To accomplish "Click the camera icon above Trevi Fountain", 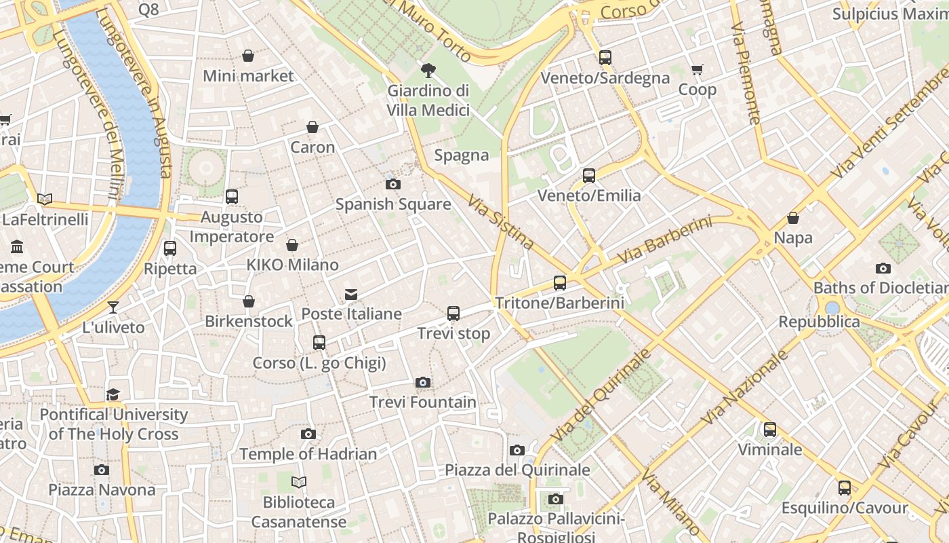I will (423, 383).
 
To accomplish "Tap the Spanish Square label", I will (393, 204).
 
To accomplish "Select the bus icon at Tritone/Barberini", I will (560, 283).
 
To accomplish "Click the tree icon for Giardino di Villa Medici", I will (428, 70).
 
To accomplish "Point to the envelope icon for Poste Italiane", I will (351, 294).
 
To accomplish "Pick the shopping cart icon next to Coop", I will (697, 69).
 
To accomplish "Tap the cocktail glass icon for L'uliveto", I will (113, 307).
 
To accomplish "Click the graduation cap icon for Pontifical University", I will (113, 394).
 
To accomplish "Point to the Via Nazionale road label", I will (744, 388).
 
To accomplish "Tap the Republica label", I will (819, 322).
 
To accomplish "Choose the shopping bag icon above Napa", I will (793, 218).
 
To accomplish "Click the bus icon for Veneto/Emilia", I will (588, 176).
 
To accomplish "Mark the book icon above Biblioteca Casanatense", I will (299, 482).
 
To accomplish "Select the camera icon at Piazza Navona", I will (102, 470).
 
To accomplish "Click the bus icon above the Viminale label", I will (769, 430).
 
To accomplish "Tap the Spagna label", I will (462, 155).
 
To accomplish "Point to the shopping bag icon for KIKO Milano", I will (292, 245).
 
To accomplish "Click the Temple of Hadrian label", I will (308, 454).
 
